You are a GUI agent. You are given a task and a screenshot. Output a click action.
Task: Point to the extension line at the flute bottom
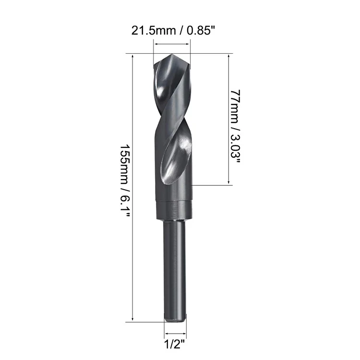click(211, 184)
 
